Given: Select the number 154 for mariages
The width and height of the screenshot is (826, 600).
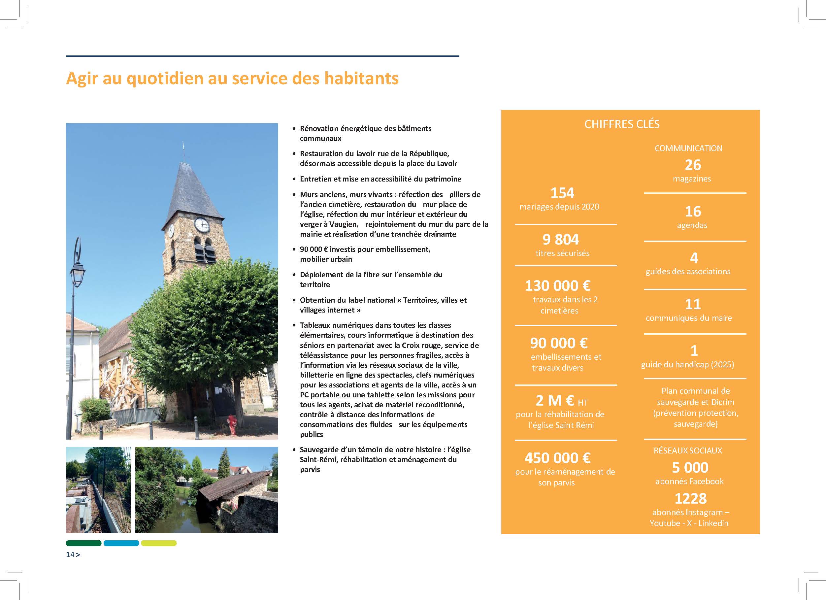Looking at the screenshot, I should click(x=562, y=193).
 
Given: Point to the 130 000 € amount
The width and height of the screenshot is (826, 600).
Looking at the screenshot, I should click(x=558, y=285).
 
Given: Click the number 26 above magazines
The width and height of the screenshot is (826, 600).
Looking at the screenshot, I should click(x=693, y=165).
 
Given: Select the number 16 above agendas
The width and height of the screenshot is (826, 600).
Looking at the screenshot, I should click(x=693, y=211).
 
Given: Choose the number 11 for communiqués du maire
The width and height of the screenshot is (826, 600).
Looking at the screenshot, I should click(x=693, y=304).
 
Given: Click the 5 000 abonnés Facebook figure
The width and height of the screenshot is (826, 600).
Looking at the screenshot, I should click(x=690, y=467).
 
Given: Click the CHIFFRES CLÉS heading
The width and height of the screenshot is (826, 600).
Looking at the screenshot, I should click(x=622, y=124).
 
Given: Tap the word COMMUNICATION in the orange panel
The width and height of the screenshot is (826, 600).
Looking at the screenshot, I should click(x=688, y=148).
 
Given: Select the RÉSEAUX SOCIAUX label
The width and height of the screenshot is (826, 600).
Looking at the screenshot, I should click(x=688, y=450).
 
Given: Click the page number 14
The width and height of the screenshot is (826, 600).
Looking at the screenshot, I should click(x=70, y=554).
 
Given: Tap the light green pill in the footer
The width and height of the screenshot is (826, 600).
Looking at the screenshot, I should click(x=159, y=543).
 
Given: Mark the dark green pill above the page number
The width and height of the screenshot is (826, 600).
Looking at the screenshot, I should click(x=83, y=543).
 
